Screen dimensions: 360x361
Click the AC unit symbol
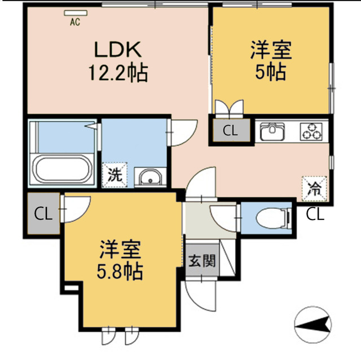(x=73, y=13)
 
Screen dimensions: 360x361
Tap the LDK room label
(x=117, y=51)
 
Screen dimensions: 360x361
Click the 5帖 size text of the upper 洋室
(x=271, y=72)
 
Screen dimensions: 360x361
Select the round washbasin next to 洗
(x=151, y=178)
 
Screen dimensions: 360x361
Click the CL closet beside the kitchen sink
(x=230, y=131)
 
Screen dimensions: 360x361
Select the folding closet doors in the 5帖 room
(x=229, y=108)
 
